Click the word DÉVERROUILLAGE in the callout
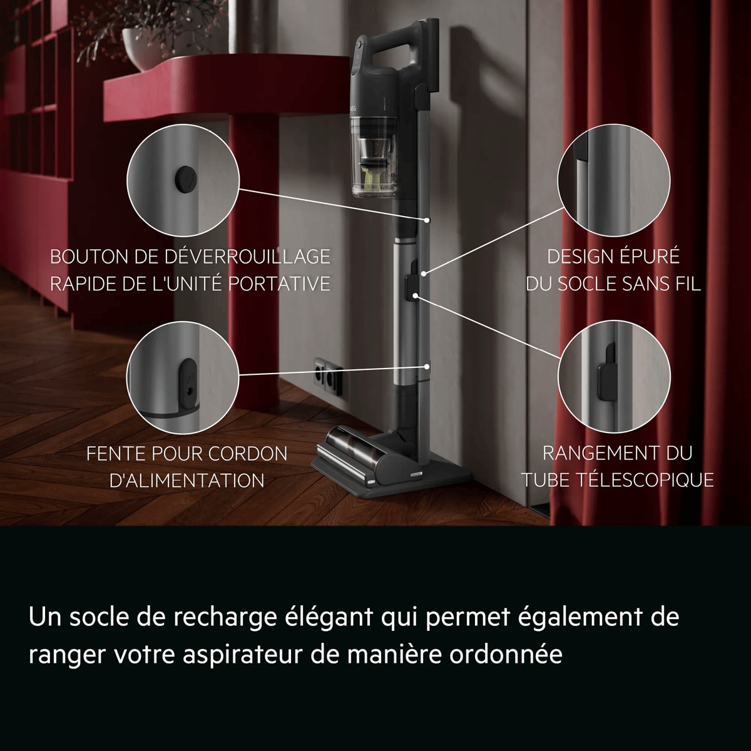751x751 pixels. (x=247, y=257)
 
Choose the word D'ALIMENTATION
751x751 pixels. (x=187, y=481)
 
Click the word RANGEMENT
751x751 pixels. (x=598, y=453)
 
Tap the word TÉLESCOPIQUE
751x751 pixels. (x=645, y=480)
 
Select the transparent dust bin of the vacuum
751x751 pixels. (x=374, y=156)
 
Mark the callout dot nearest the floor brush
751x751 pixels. (x=427, y=367)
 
